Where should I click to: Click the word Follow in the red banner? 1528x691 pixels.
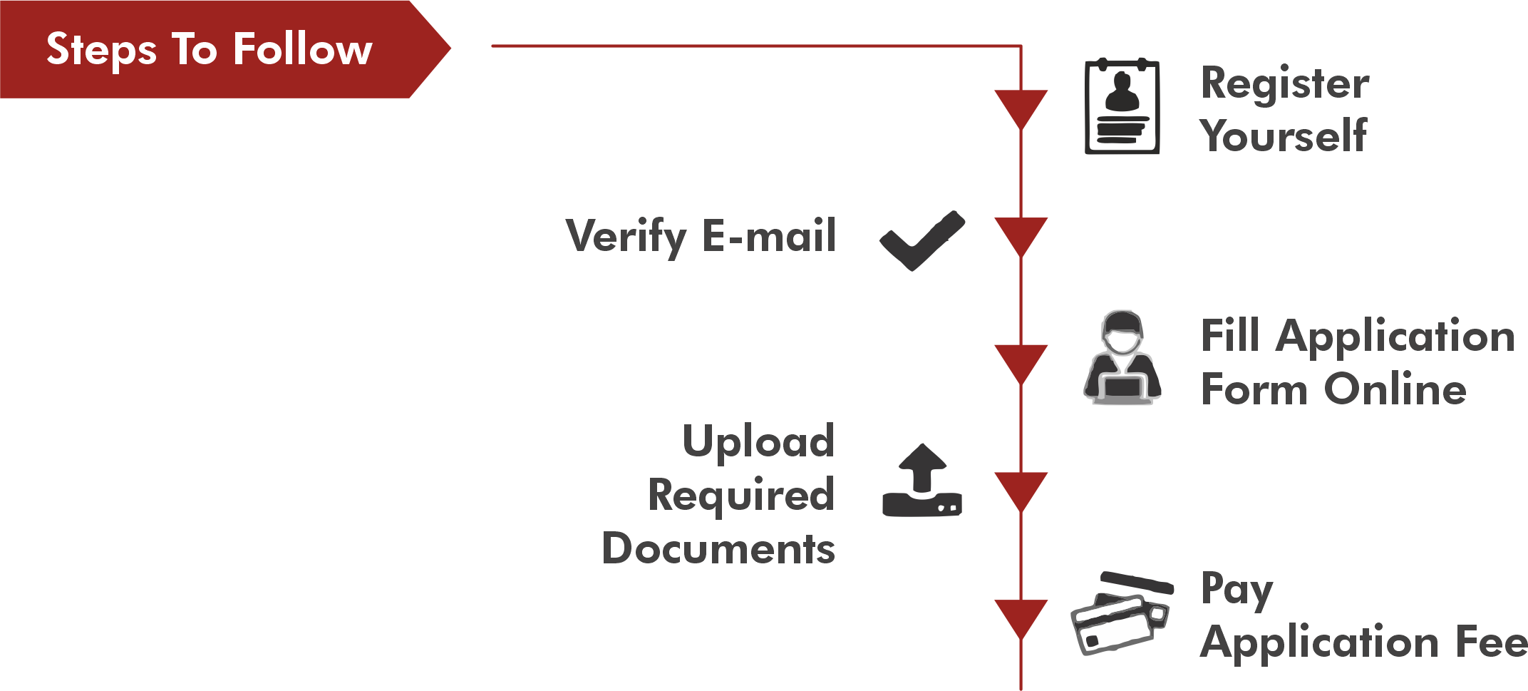(x=303, y=49)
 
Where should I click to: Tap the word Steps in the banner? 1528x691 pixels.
(x=101, y=51)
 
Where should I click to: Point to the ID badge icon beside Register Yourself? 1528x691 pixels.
(x=1122, y=107)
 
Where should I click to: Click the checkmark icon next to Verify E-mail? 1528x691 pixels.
(x=922, y=241)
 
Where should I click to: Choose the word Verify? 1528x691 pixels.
(x=626, y=237)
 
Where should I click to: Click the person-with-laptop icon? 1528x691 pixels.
(x=1122, y=358)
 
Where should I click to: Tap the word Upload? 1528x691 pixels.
(x=758, y=441)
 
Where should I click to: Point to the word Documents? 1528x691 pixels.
(x=718, y=548)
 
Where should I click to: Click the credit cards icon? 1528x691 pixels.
(x=1122, y=613)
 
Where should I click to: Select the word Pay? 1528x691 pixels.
(x=1237, y=590)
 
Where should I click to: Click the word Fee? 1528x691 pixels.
(x=1491, y=641)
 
